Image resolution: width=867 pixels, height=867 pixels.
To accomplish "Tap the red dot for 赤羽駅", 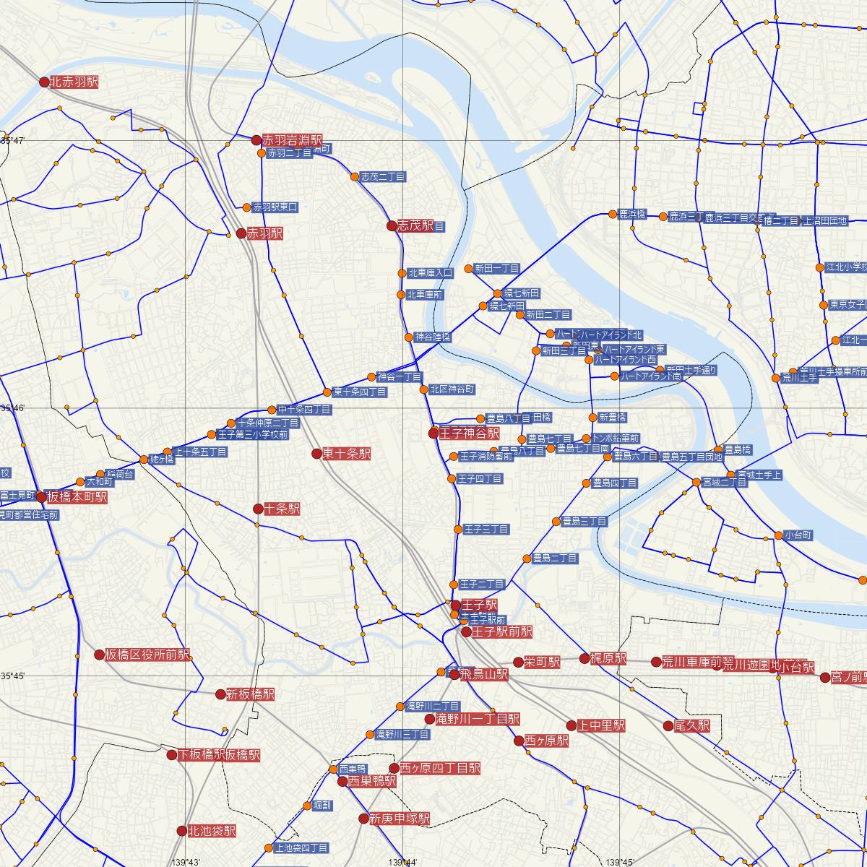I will (x=241, y=233).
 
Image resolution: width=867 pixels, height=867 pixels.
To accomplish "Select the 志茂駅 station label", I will (x=415, y=226).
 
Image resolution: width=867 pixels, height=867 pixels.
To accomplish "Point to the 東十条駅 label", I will (x=346, y=454).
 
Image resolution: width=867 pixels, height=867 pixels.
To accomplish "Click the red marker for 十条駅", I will (x=258, y=509).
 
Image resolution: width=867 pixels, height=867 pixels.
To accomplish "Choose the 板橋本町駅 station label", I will (x=76, y=497).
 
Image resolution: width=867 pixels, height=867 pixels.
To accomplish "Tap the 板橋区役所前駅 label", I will (x=147, y=655).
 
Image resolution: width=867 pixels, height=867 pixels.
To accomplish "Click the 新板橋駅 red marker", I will (x=221, y=694).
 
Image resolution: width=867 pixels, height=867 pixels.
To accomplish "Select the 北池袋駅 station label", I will (x=211, y=832).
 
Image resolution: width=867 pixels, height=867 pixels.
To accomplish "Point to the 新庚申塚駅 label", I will (x=399, y=819).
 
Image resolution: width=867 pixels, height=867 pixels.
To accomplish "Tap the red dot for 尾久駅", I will (x=668, y=725).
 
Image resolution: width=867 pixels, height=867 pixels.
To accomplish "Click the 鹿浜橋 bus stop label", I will (x=631, y=215).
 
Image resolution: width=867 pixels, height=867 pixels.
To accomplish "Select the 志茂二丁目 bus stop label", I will (x=383, y=177).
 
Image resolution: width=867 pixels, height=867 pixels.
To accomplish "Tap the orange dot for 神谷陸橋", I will (x=408, y=337).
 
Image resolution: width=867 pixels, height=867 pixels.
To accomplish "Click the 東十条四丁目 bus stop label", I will (x=359, y=392).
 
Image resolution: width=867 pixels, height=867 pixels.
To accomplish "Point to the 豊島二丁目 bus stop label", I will (x=555, y=558).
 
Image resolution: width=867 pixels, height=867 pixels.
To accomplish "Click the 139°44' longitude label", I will (x=402, y=862).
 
